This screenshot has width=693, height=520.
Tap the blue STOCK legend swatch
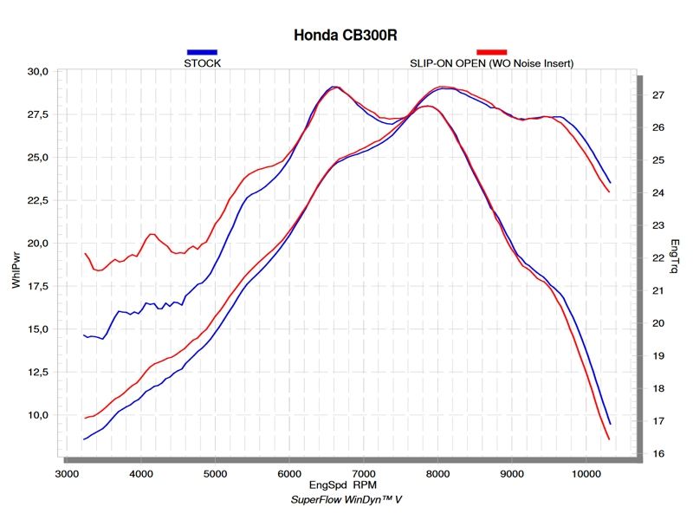201,52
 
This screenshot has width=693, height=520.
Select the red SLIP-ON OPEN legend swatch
491,52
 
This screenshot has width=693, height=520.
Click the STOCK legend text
201,62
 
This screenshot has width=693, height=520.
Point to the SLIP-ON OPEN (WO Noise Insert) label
491,62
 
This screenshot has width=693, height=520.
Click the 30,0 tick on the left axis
38,72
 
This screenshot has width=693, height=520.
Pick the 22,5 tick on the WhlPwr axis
38,201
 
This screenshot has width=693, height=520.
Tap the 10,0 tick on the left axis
38,415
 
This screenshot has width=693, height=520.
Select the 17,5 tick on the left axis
38,287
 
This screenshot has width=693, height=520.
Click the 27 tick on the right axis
657,94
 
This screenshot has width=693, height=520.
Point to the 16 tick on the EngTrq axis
657,454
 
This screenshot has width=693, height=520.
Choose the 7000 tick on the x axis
364,474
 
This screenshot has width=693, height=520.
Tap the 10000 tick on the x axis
586,474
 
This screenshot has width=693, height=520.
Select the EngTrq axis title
675,257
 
